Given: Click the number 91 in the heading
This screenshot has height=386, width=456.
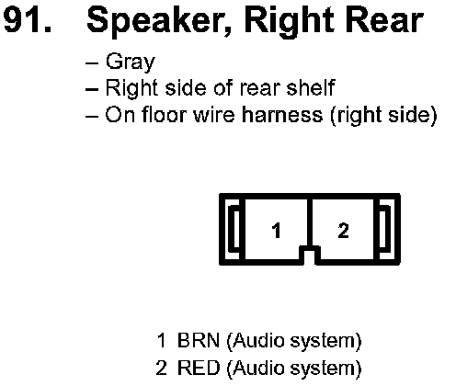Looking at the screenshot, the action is (x=27, y=20).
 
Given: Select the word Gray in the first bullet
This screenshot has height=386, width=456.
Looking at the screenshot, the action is (x=131, y=62).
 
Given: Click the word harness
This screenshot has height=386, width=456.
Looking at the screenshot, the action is (x=282, y=115).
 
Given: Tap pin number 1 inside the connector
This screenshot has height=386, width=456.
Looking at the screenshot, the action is (x=277, y=231).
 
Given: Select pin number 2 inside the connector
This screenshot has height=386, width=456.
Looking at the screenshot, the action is (x=343, y=231).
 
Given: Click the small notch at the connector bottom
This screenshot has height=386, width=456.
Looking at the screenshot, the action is (x=310, y=254).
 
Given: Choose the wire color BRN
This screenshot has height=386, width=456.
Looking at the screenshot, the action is (x=199, y=340).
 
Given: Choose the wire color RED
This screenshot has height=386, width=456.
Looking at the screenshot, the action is (x=199, y=368).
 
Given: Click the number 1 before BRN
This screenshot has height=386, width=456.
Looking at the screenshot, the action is (x=161, y=340).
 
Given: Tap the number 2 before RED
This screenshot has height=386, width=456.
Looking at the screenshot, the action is (x=161, y=368).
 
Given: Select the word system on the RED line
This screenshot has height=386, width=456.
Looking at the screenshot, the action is (x=324, y=369).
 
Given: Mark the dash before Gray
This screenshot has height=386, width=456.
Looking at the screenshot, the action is (x=92, y=63).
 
